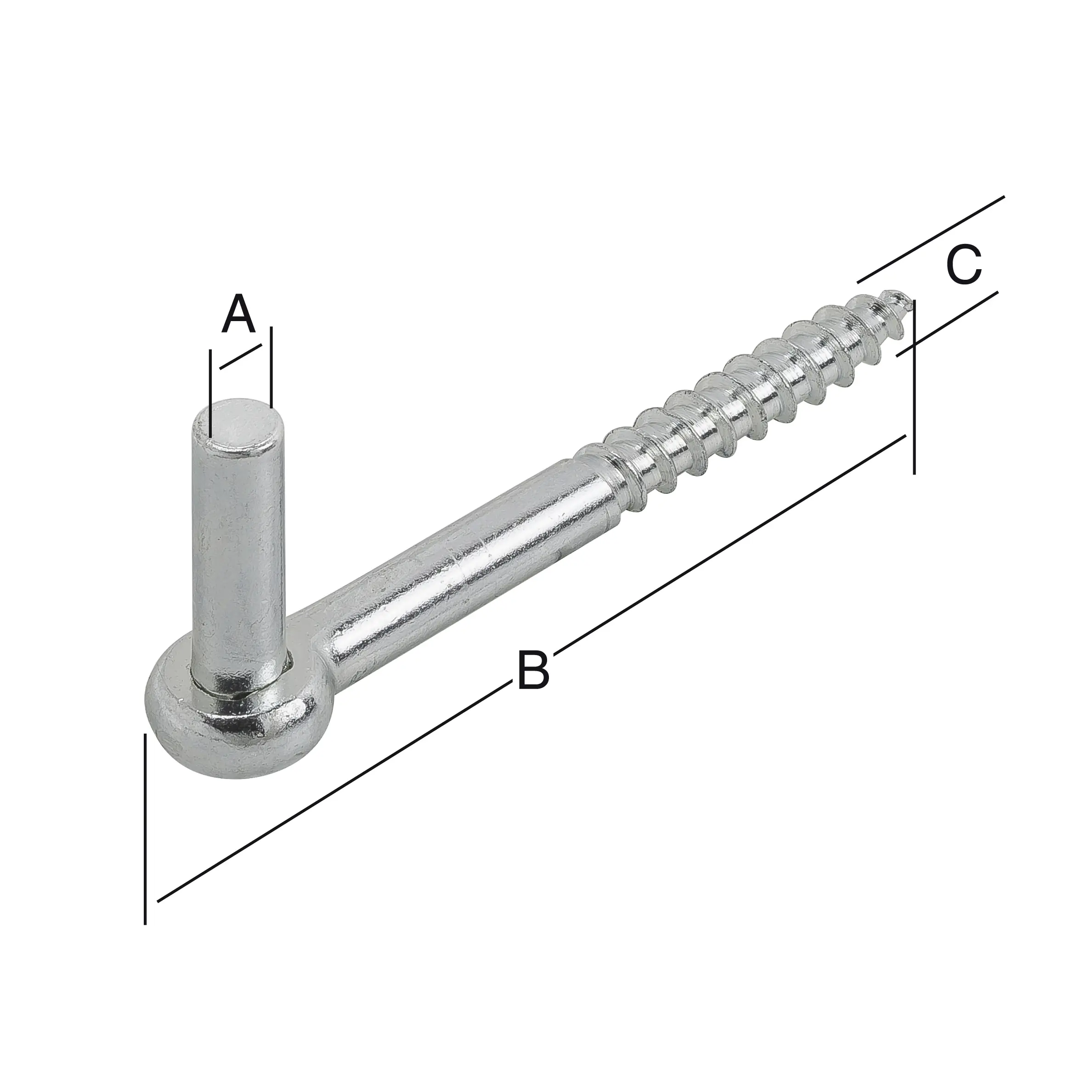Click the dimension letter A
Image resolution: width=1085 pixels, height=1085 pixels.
click(239, 313)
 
